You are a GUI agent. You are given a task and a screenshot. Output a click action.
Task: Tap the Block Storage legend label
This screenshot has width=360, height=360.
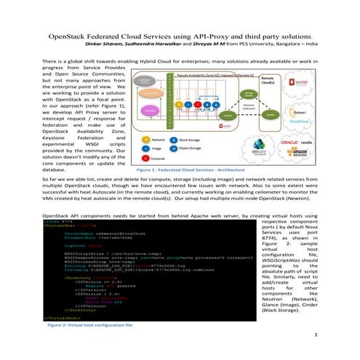[x=191, y=137]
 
